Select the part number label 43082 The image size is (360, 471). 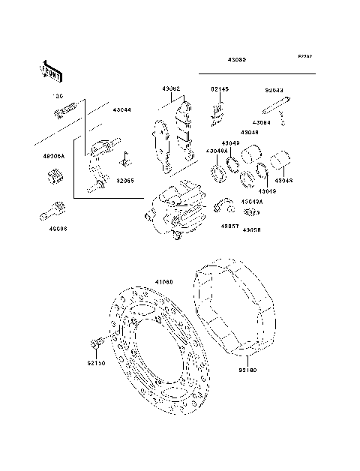[172, 89]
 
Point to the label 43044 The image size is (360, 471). [121, 109]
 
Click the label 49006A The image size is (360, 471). [53, 157]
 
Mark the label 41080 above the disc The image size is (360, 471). [163, 282]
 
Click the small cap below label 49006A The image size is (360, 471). [53, 177]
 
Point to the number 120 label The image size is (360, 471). [55, 97]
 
